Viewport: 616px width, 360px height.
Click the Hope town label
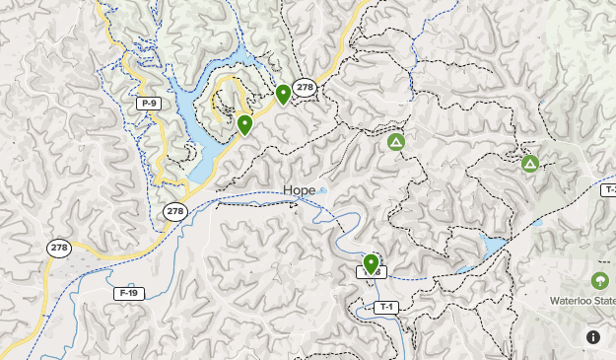(299, 190)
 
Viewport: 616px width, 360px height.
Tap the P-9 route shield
(149, 104)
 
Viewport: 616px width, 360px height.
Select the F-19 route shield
(128, 293)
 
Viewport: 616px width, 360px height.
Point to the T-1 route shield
(386, 307)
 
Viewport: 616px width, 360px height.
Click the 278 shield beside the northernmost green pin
(305, 87)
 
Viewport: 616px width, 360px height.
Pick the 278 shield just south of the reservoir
(174, 211)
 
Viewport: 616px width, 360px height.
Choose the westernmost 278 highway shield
(58, 249)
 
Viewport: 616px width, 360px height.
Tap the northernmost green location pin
(283, 94)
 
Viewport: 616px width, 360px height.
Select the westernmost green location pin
(244, 124)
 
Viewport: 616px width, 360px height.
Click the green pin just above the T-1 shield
(371, 263)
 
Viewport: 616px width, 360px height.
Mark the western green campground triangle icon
(395, 143)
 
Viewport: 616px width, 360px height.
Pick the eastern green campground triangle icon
(530, 163)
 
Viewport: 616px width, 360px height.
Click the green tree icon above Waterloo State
(599, 281)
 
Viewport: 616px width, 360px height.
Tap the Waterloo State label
(583, 301)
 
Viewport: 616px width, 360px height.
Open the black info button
(593, 336)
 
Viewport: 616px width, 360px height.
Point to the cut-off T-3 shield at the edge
(609, 189)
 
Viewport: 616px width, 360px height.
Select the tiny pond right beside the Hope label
(322, 189)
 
